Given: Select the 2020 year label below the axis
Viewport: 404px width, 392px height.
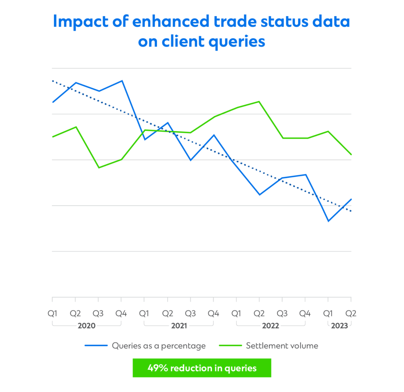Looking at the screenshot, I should point(86,326).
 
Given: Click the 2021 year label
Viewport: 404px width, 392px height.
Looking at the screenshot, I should point(179,326).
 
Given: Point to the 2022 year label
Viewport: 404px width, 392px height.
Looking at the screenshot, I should point(271,326).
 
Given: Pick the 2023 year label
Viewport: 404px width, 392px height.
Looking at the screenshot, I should point(340,326).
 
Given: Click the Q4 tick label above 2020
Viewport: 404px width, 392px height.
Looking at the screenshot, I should point(122,314).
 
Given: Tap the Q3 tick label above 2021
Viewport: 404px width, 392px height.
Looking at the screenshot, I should point(191,314).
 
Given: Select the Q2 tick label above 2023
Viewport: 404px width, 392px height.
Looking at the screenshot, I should point(351,314).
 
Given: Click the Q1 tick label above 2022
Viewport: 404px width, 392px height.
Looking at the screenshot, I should point(236,314).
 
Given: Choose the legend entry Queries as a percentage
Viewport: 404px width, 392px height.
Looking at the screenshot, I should point(159,346).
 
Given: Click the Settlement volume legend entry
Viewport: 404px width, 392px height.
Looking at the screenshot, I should point(282,346).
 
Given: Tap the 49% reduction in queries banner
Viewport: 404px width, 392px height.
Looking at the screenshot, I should point(202,368).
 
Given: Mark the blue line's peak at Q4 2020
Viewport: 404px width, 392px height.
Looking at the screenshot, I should point(122,81).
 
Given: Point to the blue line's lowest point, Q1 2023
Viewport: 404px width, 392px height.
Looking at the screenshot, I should point(328,221).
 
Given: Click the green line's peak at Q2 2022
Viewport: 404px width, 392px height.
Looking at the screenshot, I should point(259,102).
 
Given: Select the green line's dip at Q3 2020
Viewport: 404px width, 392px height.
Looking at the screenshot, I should point(99,168).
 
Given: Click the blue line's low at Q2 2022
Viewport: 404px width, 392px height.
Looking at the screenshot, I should point(259,195).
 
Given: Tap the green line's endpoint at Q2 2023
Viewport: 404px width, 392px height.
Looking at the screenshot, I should point(351,154).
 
